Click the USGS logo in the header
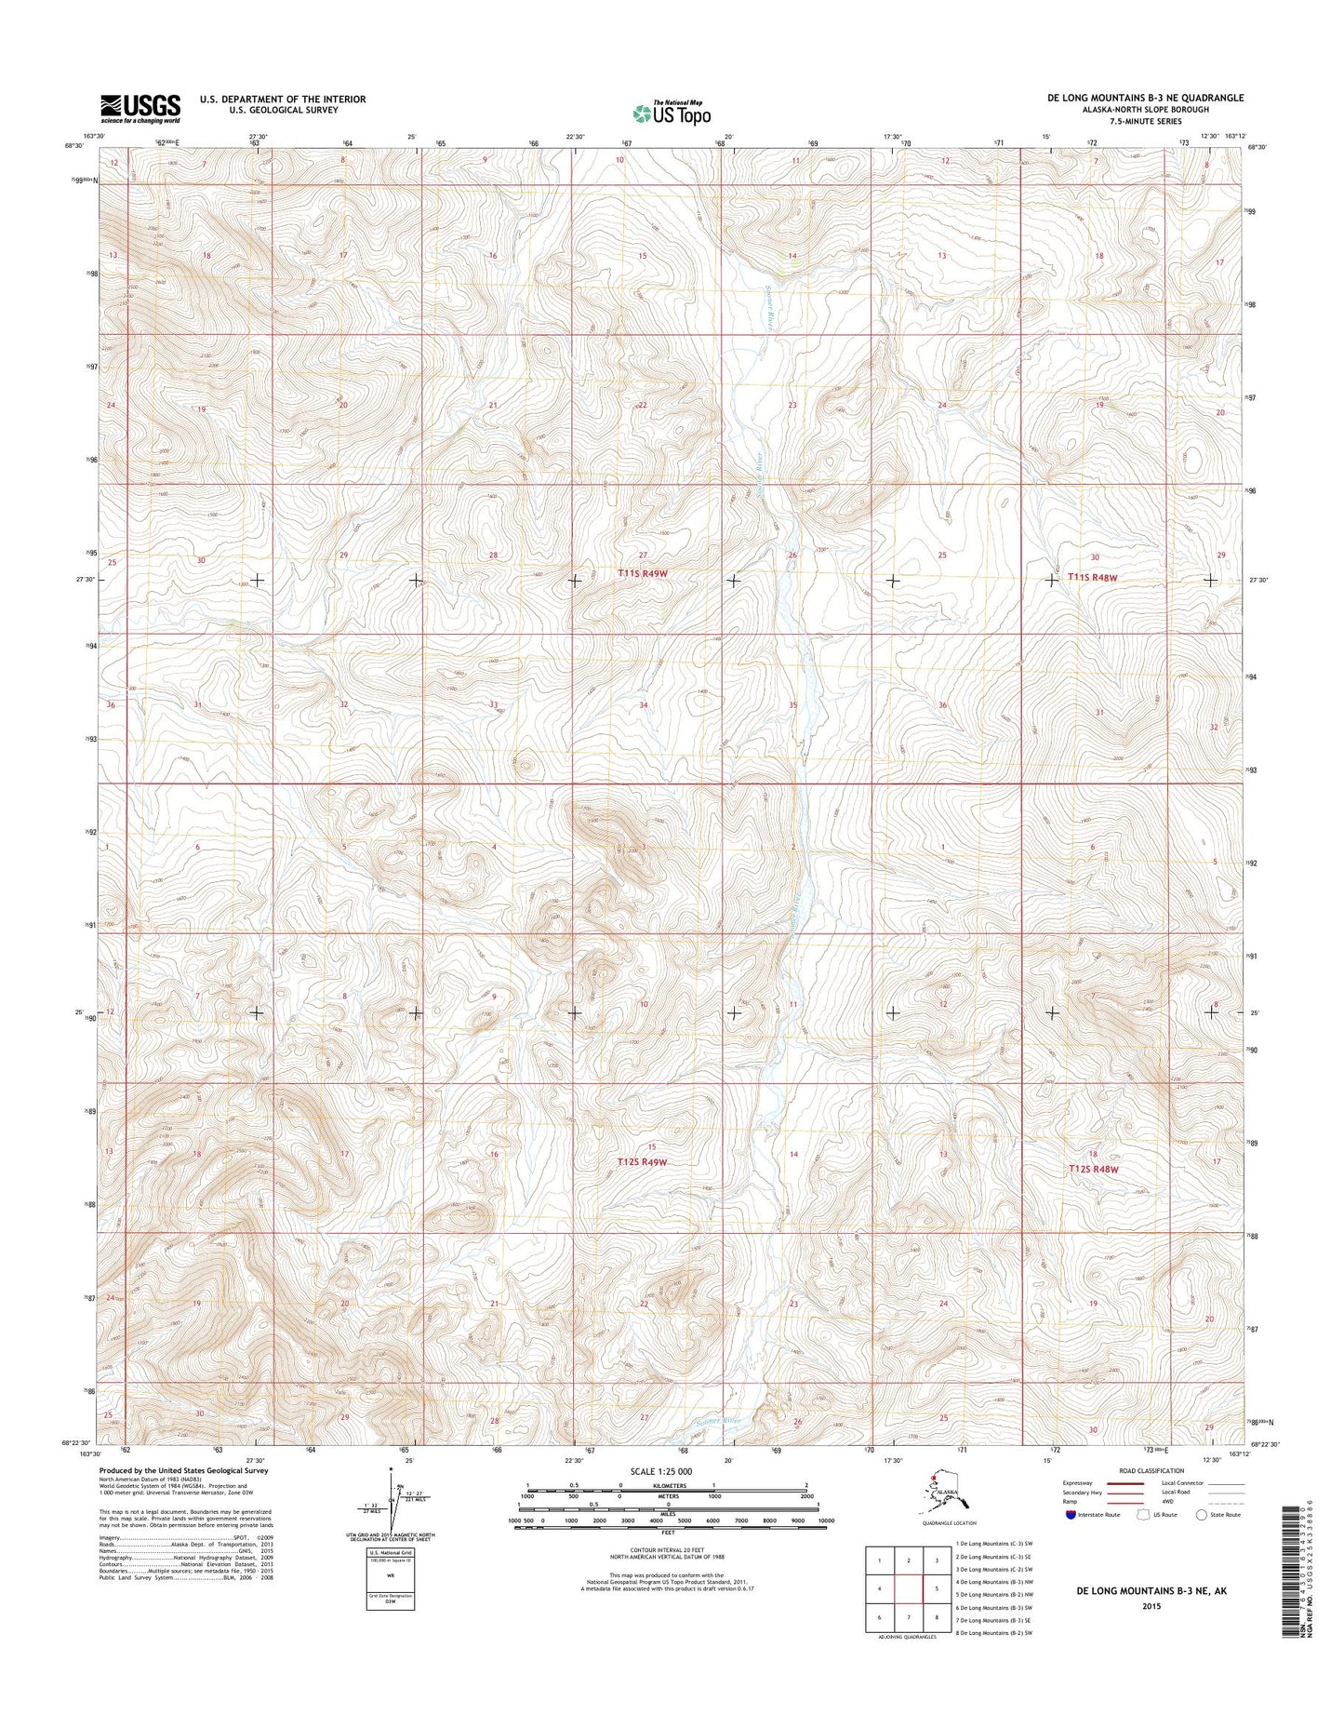click(140, 108)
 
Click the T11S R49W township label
click(643, 575)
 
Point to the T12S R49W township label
click(642, 1162)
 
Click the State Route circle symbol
click(1203, 1540)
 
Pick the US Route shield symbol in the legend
click(1142, 1540)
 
